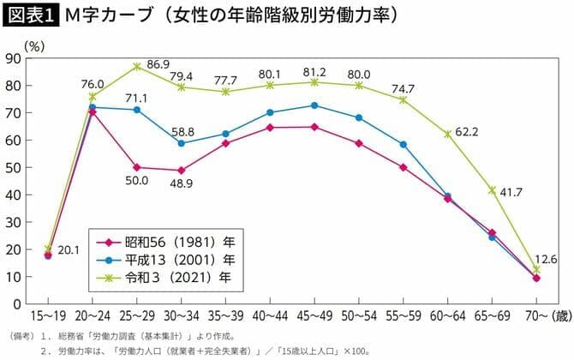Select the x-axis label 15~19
click(48, 315)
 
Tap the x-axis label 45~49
click(314, 315)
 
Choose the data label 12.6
click(544, 259)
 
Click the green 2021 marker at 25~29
click(137, 66)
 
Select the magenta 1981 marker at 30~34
click(182, 170)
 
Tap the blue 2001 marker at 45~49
click(314, 105)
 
